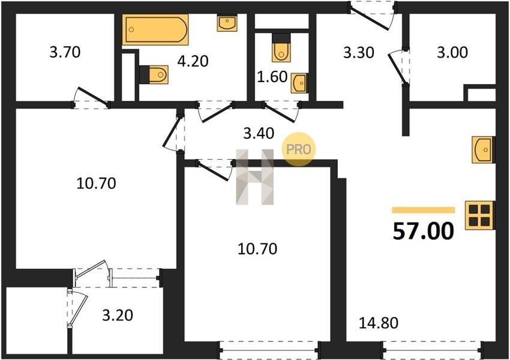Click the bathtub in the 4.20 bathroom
[155, 29]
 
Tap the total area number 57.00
[423, 231]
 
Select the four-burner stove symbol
[480, 215]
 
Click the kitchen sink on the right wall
[484, 149]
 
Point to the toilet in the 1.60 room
[281, 47]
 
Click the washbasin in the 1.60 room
[299, 83]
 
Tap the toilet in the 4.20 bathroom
[154, 74]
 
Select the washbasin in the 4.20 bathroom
[227, 23]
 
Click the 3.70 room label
[65, 52]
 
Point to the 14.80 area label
[379, 323]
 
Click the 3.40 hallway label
[259, 133]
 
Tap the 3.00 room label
[452, 52]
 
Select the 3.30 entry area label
[359, 52]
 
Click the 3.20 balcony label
[118, 315]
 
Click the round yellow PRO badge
[299, 149]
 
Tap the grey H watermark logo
[254, 177]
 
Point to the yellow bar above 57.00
[424, 210]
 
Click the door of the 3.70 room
[92, 96]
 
